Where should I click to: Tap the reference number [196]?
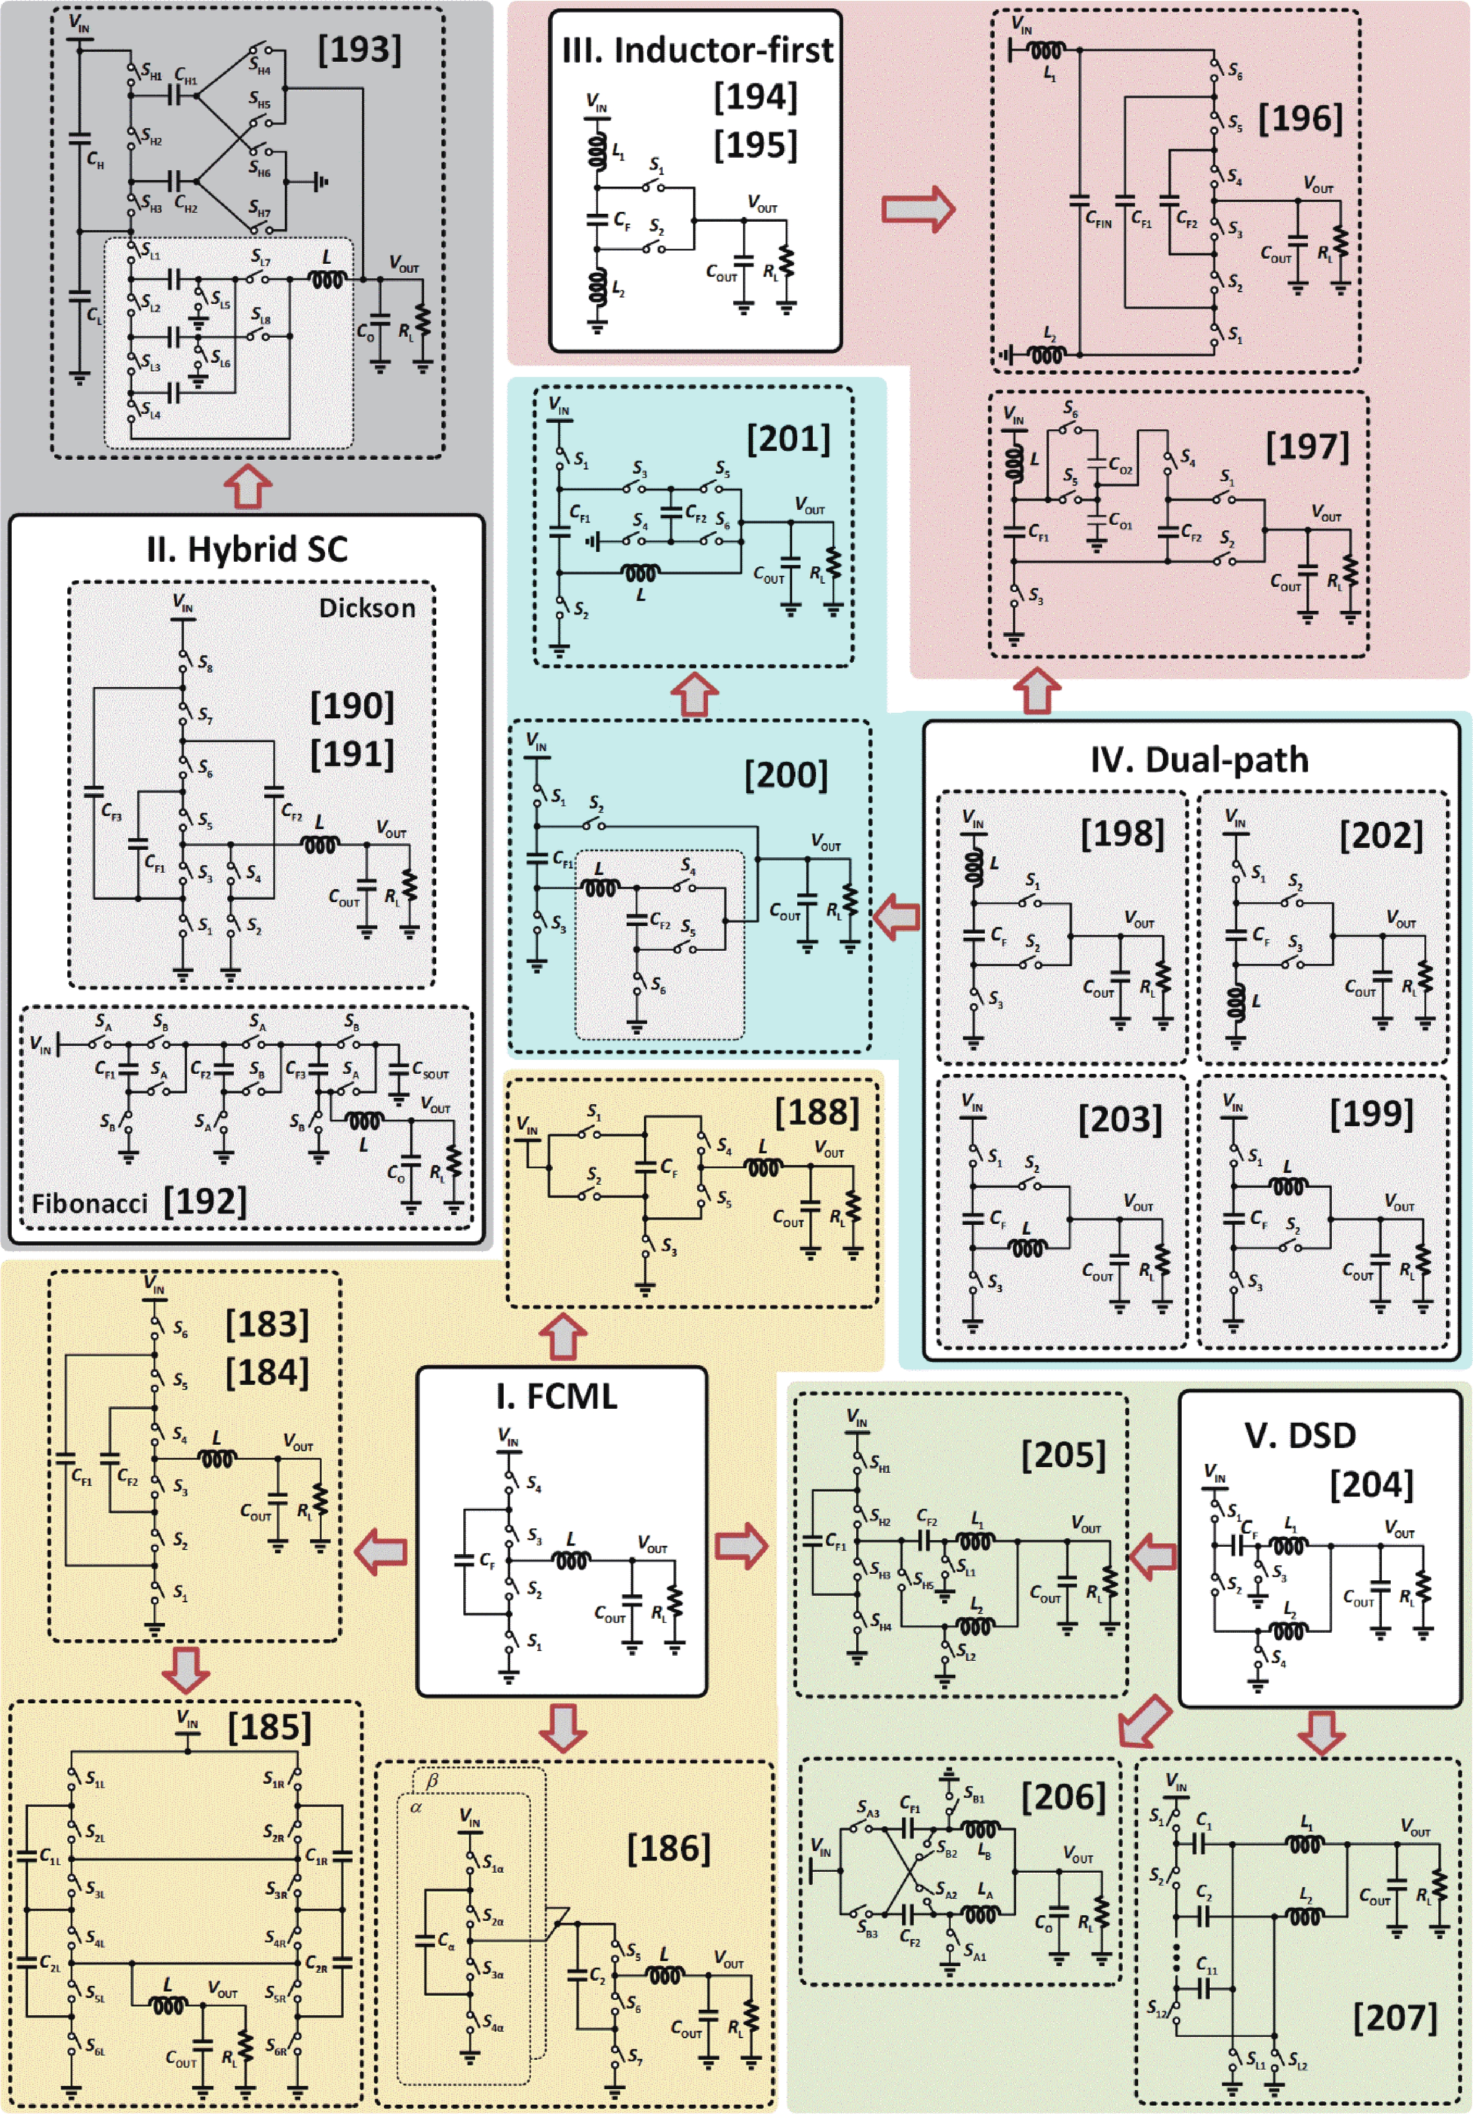pos(1300,118)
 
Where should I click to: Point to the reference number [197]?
pos(1307,447)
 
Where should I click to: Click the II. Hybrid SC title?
pos(247,550)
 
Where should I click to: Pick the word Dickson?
pos(367,608)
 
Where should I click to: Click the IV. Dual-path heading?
pos(1199,760)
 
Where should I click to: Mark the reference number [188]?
pos(816,1112)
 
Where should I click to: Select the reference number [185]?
pos(269,1727)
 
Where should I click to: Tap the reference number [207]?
pos(1395,2017)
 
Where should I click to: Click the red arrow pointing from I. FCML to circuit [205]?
pos(741,1546)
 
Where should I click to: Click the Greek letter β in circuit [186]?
pos(432,1781)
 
